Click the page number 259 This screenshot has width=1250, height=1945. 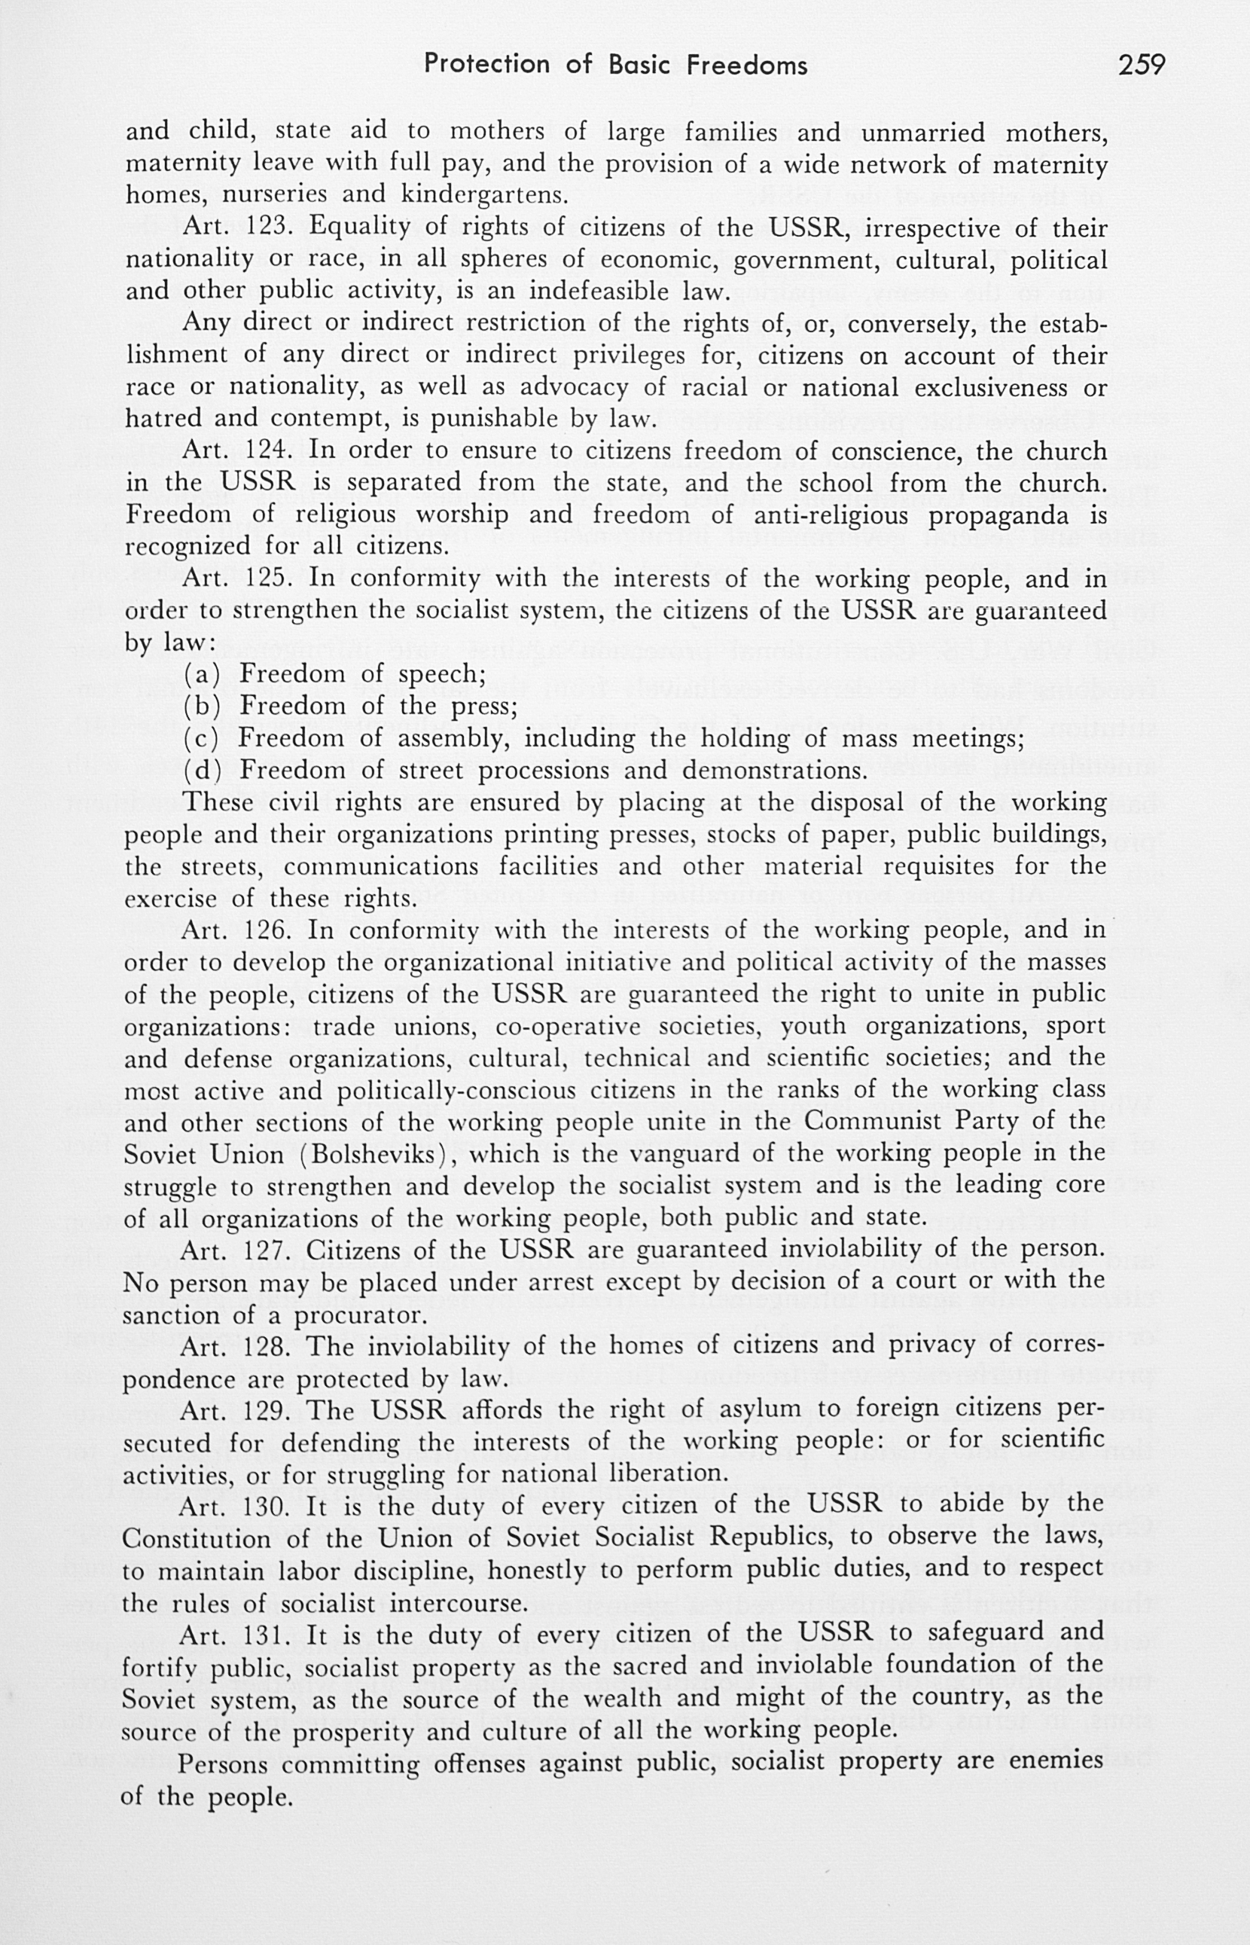click(x=1142, y=64)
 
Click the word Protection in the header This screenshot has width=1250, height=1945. click(x=486, y=64)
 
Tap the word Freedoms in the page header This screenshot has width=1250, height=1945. click(x=747, y=64)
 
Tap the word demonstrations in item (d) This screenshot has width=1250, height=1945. click(x=774, y=770)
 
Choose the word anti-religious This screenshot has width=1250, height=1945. click(x=834, y=514)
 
